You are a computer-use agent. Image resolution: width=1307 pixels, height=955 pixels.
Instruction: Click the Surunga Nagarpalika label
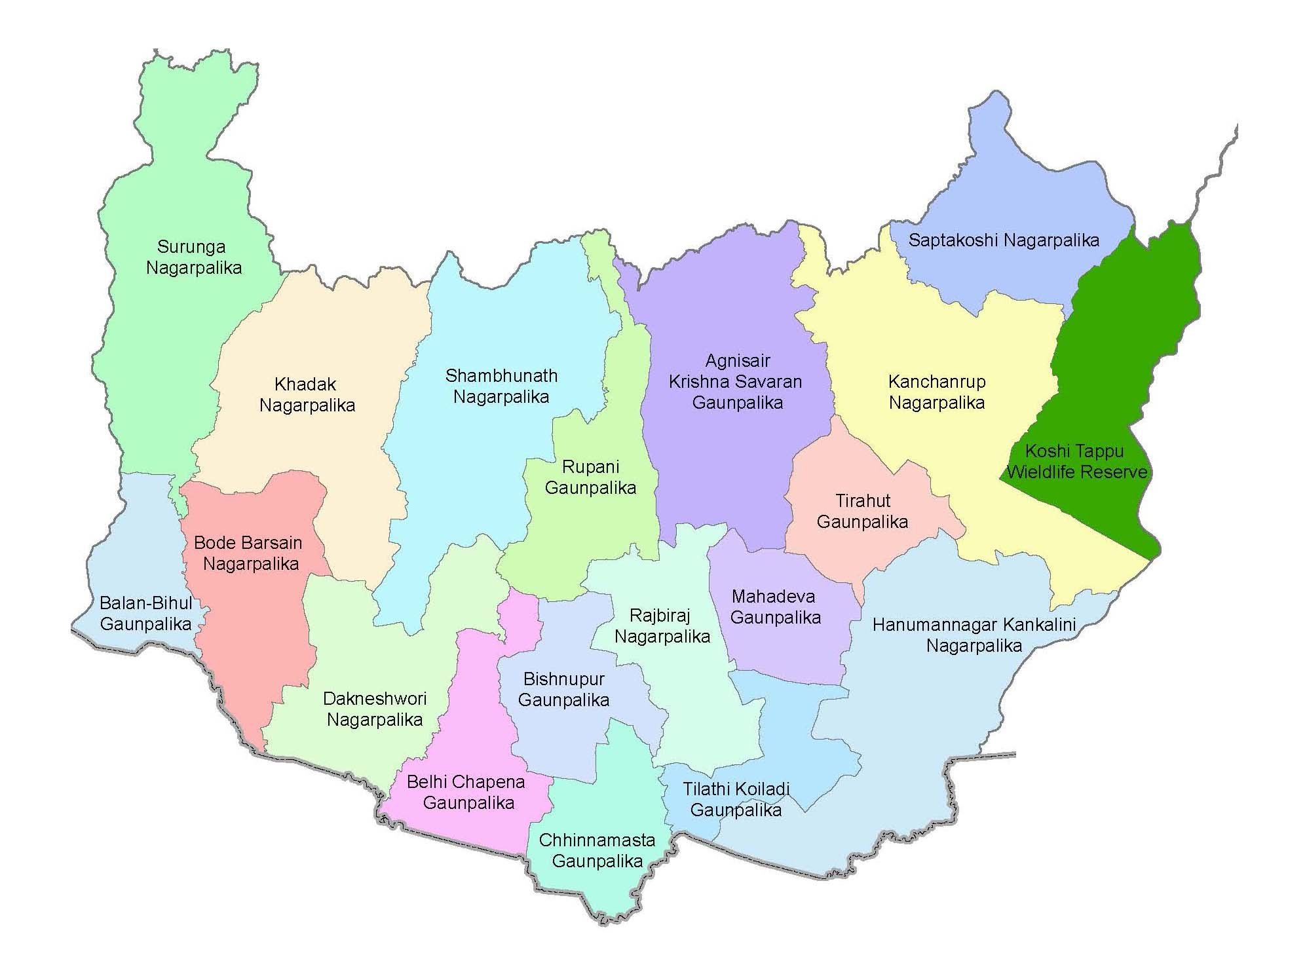[193, 257]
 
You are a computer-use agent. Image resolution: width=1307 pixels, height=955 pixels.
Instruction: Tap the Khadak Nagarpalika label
[307, 394]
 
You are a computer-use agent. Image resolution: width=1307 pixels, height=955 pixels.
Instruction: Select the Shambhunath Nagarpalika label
[501, 386]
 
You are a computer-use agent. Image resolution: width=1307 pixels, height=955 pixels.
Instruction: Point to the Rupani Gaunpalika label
[590, 477]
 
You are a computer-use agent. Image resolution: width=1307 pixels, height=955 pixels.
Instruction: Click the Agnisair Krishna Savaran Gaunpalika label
[737, 381]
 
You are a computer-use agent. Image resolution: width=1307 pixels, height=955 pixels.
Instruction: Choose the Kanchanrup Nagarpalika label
[936, 392]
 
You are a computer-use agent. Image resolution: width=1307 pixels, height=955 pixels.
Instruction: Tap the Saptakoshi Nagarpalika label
[1003, 240]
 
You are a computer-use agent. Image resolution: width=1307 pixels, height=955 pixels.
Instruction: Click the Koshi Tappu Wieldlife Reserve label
[1076, 461]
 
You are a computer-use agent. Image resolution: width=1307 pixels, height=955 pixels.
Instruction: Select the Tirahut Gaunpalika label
[862, 511]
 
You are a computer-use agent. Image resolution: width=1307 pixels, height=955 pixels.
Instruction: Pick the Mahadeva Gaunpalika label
[774, 607]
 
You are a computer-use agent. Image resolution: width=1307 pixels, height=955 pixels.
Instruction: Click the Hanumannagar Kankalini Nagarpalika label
[974, 635]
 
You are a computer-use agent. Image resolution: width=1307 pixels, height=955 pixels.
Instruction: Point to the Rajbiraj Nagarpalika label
[662, 626]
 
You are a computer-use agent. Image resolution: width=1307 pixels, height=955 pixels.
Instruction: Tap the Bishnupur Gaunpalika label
[563, 689]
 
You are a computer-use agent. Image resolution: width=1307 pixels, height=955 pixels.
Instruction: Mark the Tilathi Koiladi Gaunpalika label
[736, 799]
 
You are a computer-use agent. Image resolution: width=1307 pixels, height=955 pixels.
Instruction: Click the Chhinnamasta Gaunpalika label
[596, 850]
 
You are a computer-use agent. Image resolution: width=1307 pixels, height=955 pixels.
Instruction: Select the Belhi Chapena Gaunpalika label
[466, 792]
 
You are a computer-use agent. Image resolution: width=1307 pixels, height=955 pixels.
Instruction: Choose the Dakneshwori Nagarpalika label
[374, 709]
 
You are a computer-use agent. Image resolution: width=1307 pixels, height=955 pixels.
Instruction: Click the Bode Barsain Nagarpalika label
[249, 553]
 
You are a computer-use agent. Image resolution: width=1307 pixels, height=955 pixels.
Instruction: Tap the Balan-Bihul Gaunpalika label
[145, 612]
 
